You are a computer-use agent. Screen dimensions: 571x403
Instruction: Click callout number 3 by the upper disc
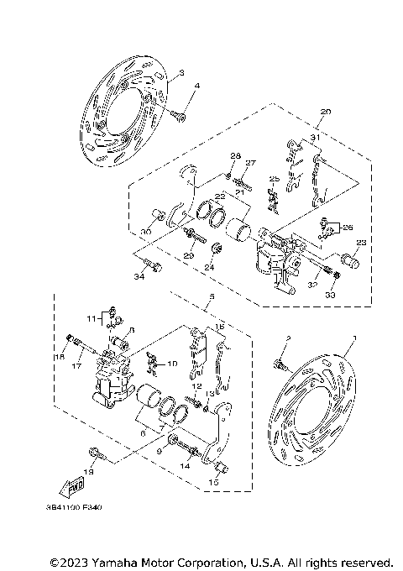point(181,74)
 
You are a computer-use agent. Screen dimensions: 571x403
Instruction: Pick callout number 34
point(138,274)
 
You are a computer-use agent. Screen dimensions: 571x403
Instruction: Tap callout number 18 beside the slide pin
point(60,358)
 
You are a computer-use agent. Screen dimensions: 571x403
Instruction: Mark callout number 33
point(331,295)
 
